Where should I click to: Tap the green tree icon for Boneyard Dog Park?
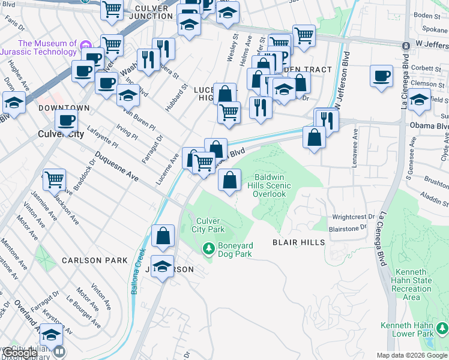(x=208, y=247)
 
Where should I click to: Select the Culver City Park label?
(x=208, y=225)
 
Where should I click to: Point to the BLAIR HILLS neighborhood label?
(x=298, y=242)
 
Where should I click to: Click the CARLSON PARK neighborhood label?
(x=95, y=260)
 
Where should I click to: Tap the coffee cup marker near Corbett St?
(x=381, y=76)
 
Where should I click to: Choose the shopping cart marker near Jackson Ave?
(x=54, y=179)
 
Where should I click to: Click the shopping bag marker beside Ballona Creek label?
(x=163, y=236)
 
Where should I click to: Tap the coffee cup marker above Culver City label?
(x=66, y=120)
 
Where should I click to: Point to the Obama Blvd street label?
(x=429, y=127)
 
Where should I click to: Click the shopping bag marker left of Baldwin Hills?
(x=229, y=179)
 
